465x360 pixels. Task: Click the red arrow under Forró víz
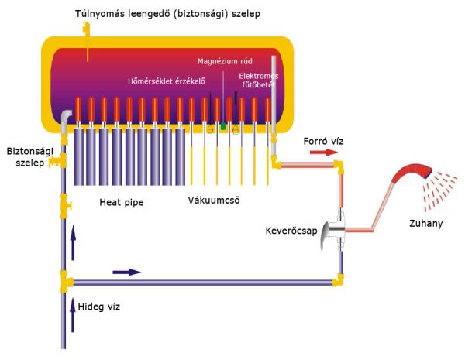point(324,153)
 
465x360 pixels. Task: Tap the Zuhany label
point(425,223)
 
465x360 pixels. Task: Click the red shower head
point(413,173)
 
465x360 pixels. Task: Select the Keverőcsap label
point(291,231)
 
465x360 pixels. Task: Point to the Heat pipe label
point(122,202)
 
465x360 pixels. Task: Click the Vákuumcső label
point(214,200)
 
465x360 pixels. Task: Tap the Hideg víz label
point(98,307)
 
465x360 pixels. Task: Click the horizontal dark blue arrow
point(127,272)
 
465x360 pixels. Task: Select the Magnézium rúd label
point(225,61)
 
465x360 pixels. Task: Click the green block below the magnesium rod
point(223,126)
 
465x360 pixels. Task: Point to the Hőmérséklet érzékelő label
point(167,81)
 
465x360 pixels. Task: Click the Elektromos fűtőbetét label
point(259,81)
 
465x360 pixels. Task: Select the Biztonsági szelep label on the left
point(29,156)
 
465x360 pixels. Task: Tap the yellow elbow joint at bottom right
point(338,279)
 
